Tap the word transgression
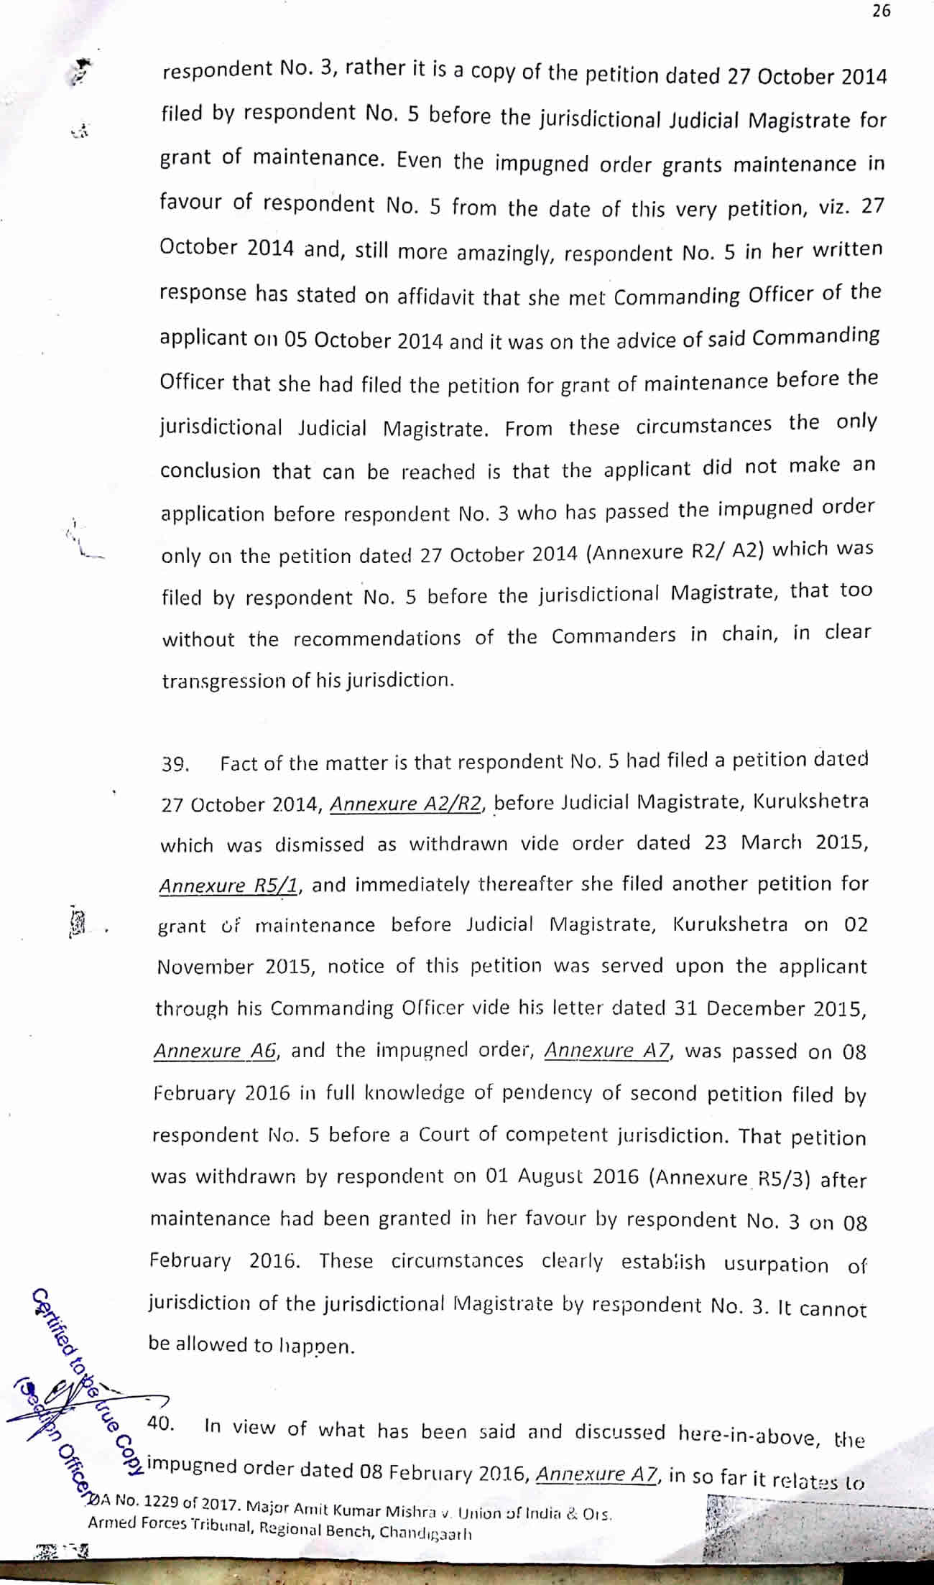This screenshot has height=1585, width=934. [224, 681]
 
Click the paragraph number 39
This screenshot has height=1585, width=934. [175, 764]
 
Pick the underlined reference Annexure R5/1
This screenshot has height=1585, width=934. [228, 886]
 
